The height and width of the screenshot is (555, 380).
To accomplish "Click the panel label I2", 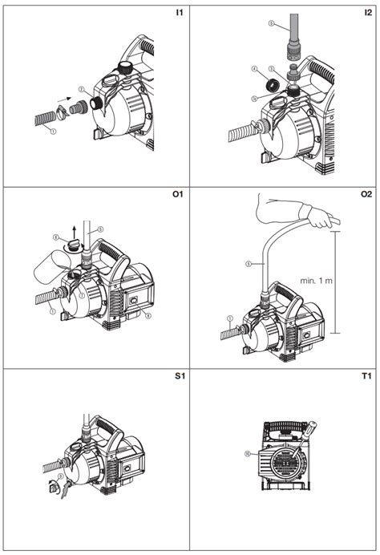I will [x=366, y=14].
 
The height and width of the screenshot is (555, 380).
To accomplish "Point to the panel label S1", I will [x=178, y=377].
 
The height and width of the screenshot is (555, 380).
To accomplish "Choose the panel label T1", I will [x=366, y=377].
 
